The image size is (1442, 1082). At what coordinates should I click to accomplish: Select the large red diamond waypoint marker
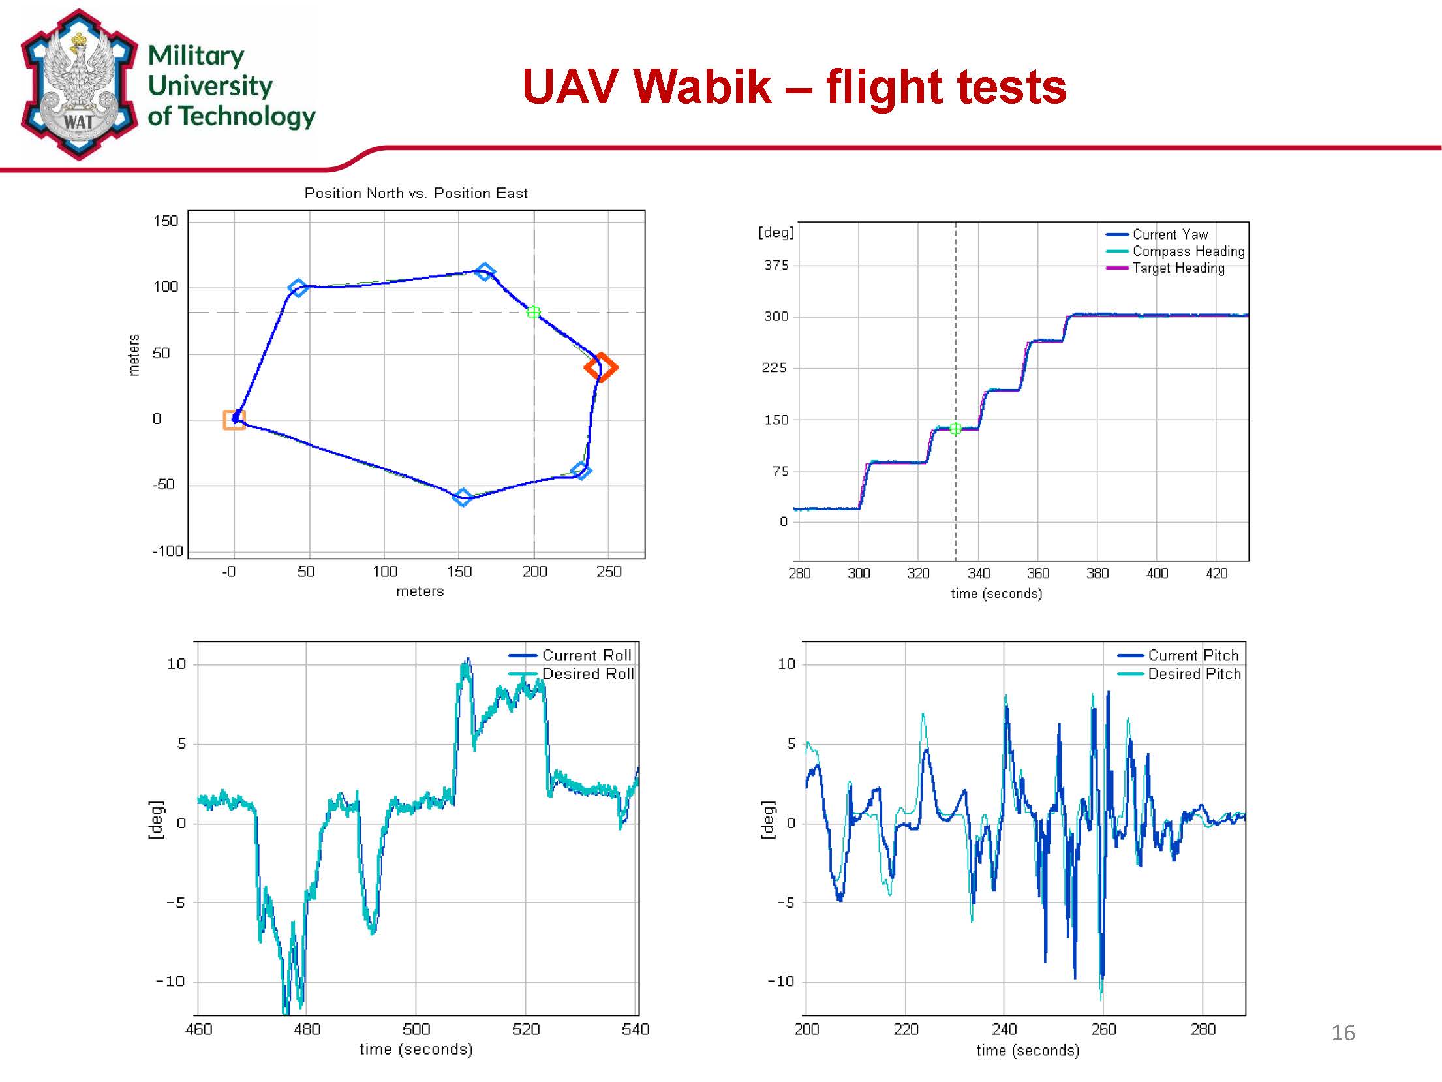601,367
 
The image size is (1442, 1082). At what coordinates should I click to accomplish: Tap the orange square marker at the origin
234,420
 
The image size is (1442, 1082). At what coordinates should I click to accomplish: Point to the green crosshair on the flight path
533,313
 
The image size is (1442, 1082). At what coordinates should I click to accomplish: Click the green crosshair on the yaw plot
955,429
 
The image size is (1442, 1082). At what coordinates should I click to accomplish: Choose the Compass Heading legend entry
1188,251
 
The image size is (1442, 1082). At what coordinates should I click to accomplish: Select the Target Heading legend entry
1178,268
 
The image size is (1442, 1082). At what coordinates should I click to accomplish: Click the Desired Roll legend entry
587,674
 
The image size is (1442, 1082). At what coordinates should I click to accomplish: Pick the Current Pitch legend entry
1193,655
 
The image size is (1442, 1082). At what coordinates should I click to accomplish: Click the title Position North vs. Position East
416,193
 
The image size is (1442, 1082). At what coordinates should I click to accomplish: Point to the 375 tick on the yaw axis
776,265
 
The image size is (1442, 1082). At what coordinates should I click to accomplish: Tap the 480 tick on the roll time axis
307,1029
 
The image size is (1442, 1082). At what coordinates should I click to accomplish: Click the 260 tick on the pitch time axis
1103,1029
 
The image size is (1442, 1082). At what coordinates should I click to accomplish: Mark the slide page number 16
1343,1032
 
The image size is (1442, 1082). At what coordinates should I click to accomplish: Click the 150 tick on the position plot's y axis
166,221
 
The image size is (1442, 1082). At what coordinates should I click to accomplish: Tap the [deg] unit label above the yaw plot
776,232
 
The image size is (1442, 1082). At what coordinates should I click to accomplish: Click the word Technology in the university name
247,116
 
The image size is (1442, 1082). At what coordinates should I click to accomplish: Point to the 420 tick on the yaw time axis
1216,573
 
